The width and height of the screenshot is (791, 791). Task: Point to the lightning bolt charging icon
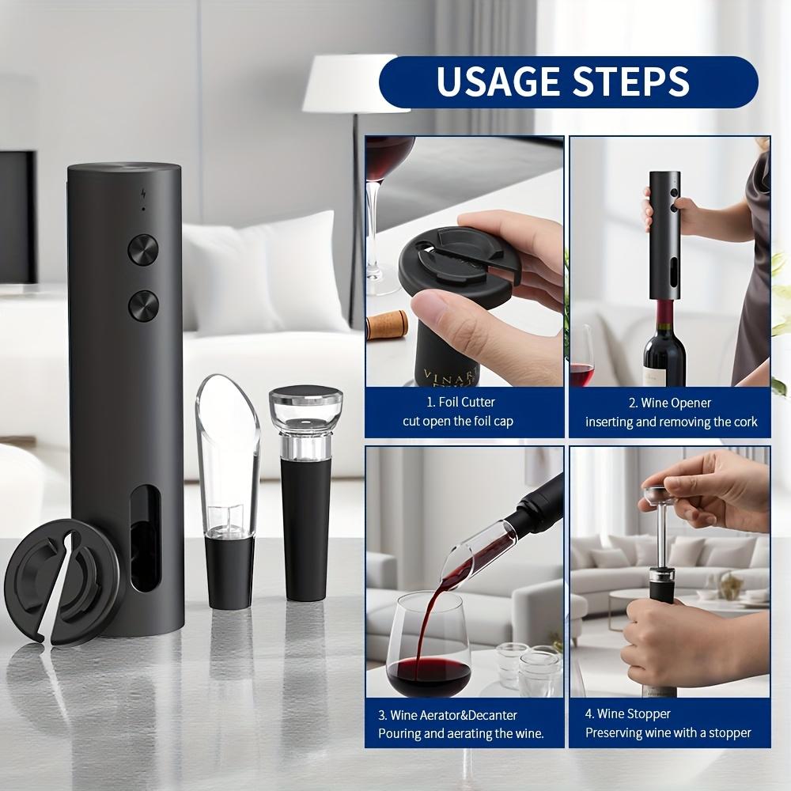pos(143,193)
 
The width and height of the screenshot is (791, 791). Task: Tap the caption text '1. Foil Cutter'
pos(461,403)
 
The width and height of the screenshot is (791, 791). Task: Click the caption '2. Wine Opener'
pos(670,403)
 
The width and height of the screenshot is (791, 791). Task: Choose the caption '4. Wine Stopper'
pos(627,714)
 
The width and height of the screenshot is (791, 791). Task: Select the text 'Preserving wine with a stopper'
pos(668,733)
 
